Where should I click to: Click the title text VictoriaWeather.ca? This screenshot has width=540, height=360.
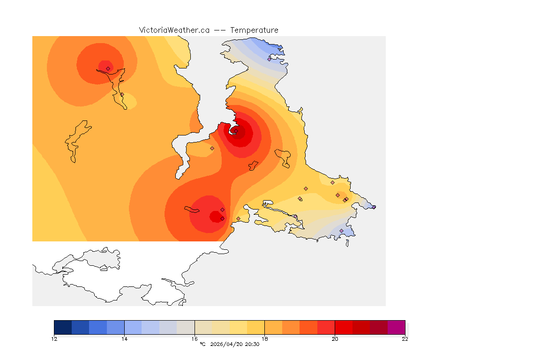click(x=174, y=30)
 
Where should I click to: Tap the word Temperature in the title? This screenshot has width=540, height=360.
click(x=254, y=30)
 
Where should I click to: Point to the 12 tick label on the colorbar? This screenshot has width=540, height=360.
click(x=54, y=339)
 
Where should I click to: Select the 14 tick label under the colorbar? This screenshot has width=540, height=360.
click(x=124, y=339)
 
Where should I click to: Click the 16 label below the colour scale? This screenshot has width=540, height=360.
click(x=195, y=339)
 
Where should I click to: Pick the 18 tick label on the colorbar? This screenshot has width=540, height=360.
click(x=265, y=339)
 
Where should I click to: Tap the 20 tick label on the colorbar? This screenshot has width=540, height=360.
click(x=335, y=339)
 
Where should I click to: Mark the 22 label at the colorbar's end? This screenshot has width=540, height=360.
click(x=405, y=339)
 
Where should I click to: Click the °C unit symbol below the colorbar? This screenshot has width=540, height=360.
click(x=202, y=345)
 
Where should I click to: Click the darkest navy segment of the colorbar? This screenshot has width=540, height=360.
click(x=63, y=327)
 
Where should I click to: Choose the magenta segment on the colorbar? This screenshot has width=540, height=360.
click(x=396, y=327)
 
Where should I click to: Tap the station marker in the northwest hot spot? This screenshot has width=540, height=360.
click(x=108, y=68)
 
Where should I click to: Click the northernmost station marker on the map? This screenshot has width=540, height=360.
click(x=269, y=59)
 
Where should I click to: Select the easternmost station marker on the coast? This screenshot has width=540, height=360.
click(x=374, y=207)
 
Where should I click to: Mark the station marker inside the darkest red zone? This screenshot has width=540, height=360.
click(x=236, y=131)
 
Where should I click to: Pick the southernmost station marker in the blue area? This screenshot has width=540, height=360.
click(x=341, y=231)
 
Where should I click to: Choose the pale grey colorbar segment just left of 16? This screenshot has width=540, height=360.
click(x=186, y=327)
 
